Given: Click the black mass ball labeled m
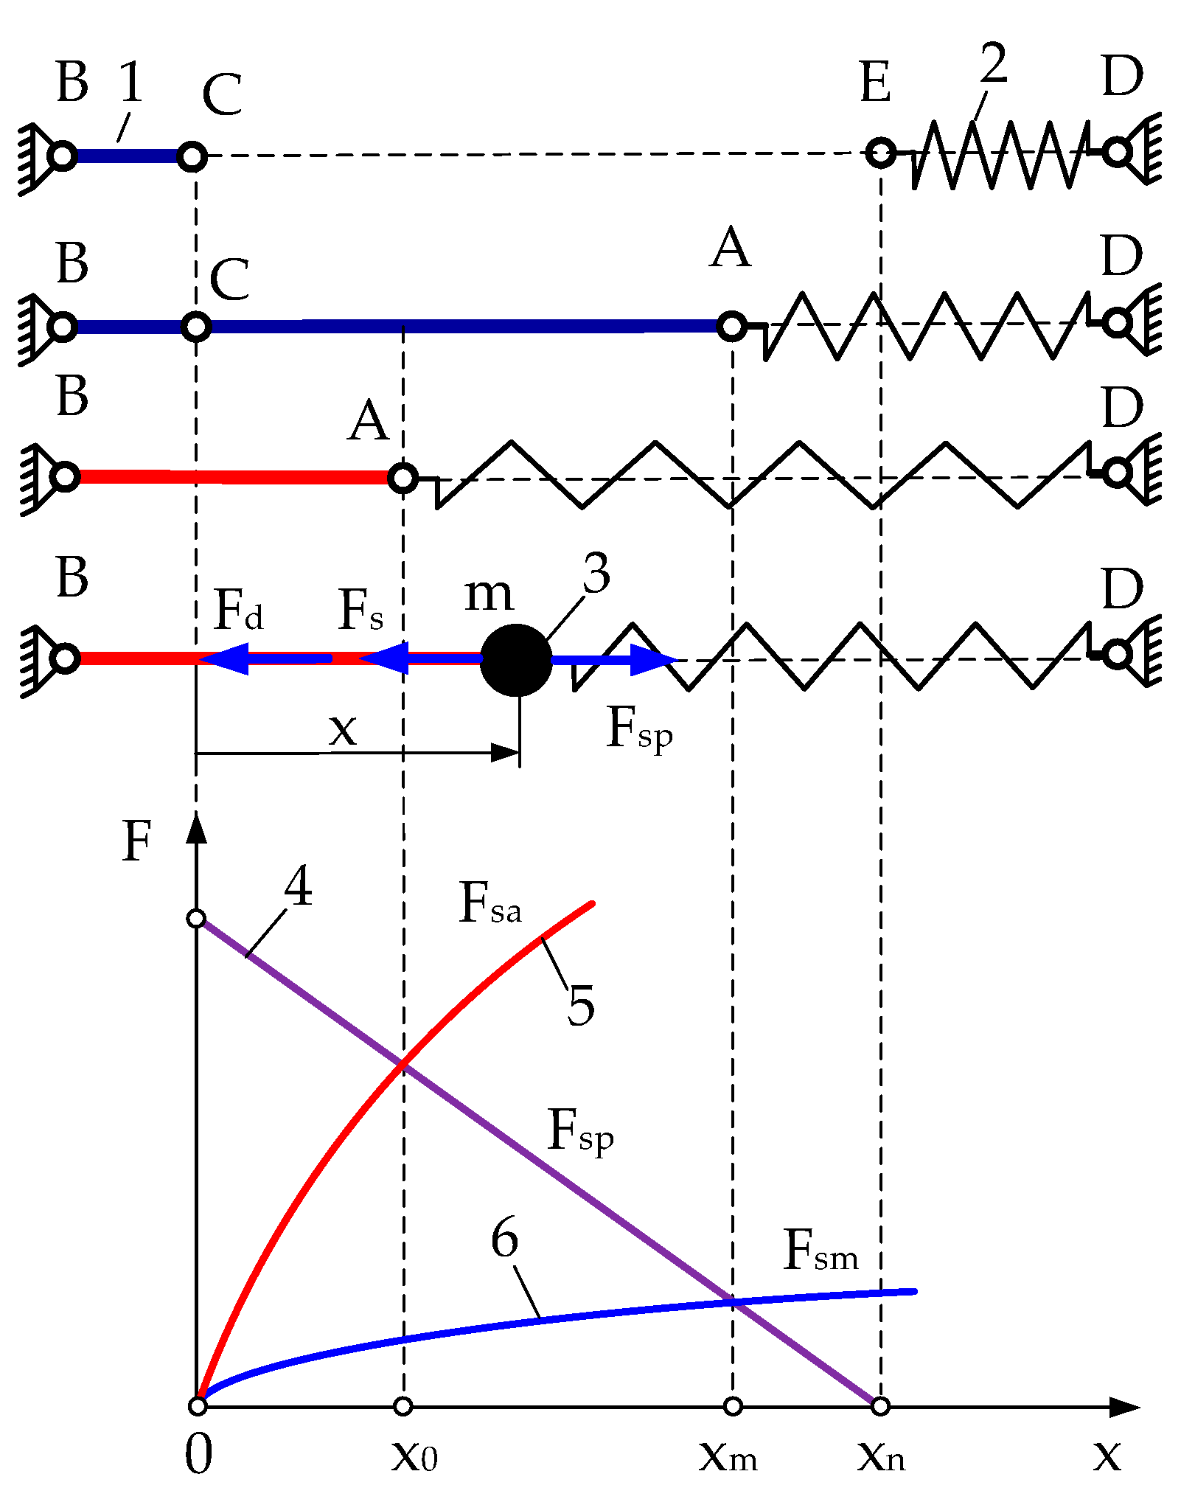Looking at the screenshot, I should point(516,660).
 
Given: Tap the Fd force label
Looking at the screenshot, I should point(237,611).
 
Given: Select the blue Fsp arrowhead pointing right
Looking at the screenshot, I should point(653,660).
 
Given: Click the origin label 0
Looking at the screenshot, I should point(198,1455).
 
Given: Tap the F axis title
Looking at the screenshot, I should point(137,841).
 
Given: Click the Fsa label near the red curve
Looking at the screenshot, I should point(490,903).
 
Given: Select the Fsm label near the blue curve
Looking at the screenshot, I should point(821,1251).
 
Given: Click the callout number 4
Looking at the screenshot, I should point(299,886).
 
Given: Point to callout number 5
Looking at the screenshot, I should point(581,1004).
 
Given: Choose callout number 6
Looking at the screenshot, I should point(505,1237).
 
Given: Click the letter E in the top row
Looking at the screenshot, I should point(876,83).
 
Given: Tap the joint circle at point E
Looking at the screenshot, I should point(881,153).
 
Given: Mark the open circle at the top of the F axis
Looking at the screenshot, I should point(196,919).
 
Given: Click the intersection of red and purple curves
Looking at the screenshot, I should point(403,1064).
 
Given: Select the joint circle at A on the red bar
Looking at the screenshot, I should point(403,478).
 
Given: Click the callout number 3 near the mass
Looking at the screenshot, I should point(596,573).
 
